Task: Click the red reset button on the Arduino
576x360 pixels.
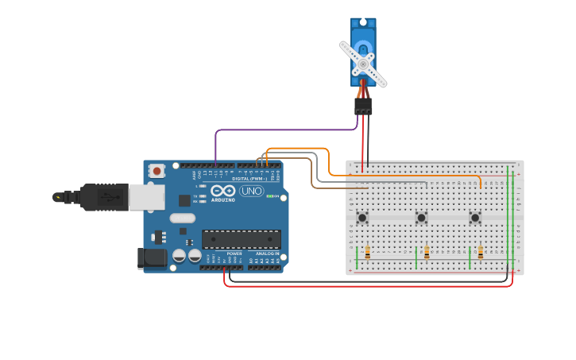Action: [x=157, y=170]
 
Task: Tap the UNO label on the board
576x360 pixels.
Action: [x=252, y=191]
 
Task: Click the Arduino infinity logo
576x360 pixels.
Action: [x=223, y=191]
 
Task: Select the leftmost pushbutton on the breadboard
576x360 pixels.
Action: [x=362, y=217]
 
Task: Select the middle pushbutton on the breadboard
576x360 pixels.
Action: [x=421, y=217]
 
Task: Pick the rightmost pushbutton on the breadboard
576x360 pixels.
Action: [x=475, y=217]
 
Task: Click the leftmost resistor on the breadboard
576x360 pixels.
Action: [x=367, y=252]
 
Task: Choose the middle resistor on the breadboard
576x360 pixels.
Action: [x=427, y=252]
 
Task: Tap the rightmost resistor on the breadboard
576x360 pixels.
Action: [x=480, y=252]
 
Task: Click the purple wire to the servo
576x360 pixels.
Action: [x=286, y=130]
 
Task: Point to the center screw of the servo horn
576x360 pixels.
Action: [x=363, y=64]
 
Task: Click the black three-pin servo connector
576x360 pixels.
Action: [x=363, y=106]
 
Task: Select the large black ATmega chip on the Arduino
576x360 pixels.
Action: [x=241, y=239]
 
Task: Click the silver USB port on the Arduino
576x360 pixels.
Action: [x=147, y=197]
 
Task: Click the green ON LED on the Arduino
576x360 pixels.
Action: [x=270, y=195]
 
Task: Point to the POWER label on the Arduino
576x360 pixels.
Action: [x=234, y=254]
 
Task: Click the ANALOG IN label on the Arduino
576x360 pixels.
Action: [x=267, y=254]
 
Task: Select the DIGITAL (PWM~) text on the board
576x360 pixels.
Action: [x=249, y=179]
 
